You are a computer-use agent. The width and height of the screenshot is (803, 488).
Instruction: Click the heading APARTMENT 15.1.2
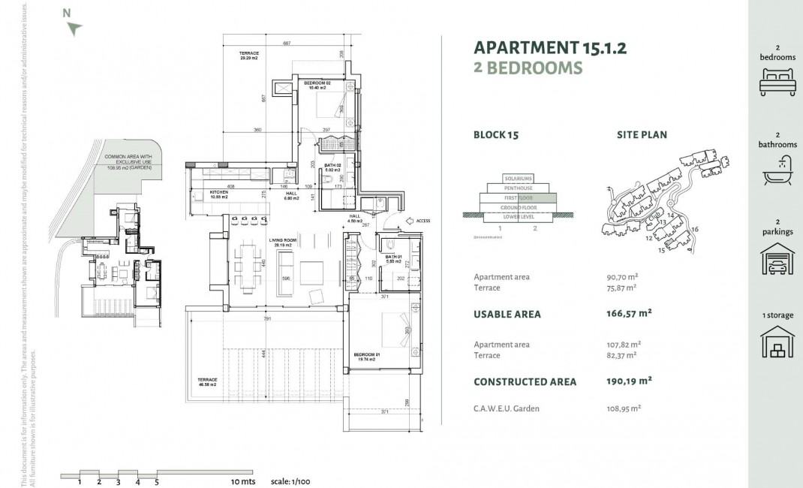click(x=550, y=47)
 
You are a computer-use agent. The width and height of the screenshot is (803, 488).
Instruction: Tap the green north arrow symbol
click(x=74, y=29)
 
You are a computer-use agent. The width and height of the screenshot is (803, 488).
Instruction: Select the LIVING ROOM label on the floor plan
click(x=284, y=242)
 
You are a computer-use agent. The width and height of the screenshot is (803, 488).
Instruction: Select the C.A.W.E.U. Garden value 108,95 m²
click(x=624, y=408)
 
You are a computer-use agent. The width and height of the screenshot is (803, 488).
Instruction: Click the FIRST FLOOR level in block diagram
click(x=519, y=197)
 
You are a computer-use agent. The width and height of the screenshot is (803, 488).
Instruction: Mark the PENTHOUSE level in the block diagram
click(x=519, y=188)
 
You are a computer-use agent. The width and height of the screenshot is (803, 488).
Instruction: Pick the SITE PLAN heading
click(x=642, y=135)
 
